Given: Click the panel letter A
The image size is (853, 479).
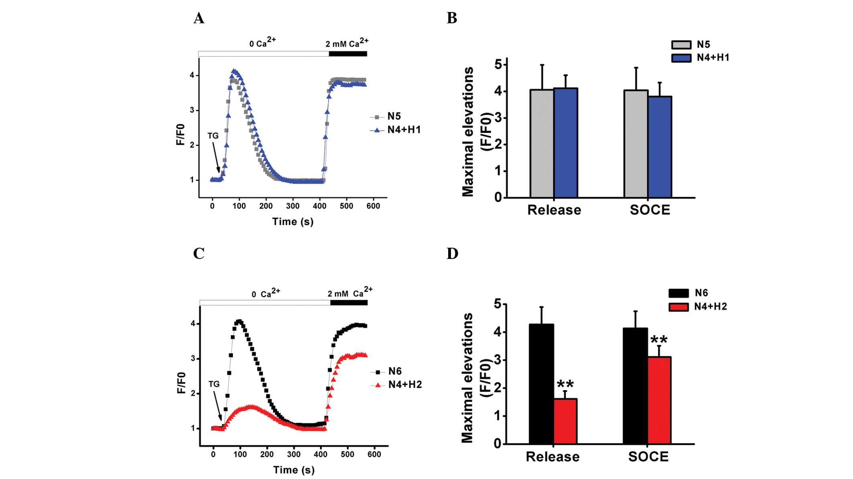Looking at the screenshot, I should tap(199, 18).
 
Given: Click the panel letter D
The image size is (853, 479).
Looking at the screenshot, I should tap(452, 254).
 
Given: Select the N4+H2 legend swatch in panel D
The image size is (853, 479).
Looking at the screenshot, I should tap(679, 307).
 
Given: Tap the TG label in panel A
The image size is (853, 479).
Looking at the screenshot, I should tap(213, 136).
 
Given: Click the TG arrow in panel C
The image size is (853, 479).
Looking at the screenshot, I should tap(217, 405).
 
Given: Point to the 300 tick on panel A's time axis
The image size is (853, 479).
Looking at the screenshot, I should tap(292, 206).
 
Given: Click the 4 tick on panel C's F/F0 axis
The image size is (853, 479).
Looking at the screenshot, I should tap(193, 323).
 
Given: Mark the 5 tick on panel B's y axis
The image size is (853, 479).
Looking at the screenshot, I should tap(499, 64).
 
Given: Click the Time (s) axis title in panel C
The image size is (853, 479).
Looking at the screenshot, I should tap(294, 470).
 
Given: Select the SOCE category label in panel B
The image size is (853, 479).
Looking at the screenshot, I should tap(650, 210).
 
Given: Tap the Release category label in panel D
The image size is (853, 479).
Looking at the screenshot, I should tap(552, 457).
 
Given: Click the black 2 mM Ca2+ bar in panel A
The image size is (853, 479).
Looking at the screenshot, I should tap(348, 54).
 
